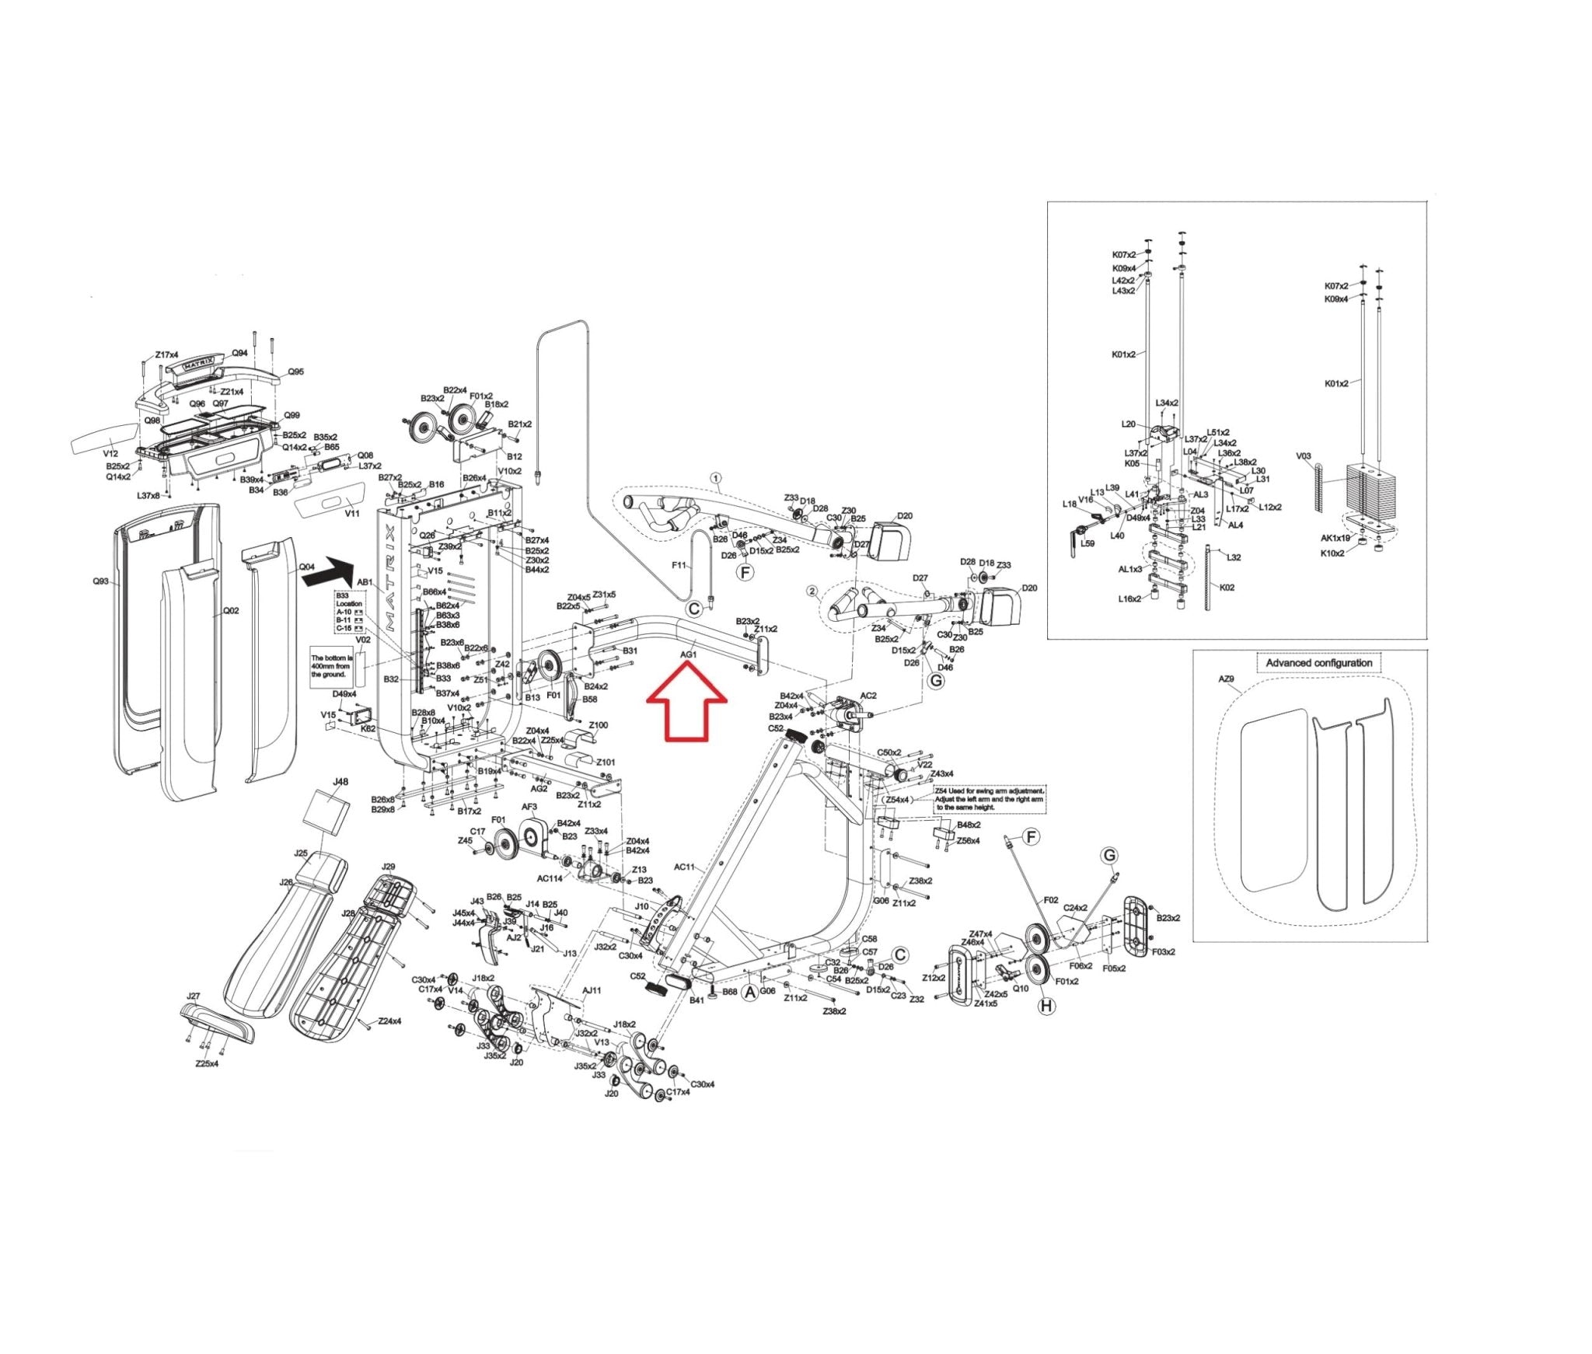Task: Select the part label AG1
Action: click(689, 655)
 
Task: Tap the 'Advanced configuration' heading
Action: click(1319, 663)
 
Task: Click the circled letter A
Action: click(749, 993)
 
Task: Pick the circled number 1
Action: click(716, 478)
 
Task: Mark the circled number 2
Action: click(812, 591)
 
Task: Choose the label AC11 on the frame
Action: click(684, 867)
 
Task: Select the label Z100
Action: click(599, 725)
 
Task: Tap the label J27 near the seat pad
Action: click(194, 996)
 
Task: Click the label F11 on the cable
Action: click(679, 565)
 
